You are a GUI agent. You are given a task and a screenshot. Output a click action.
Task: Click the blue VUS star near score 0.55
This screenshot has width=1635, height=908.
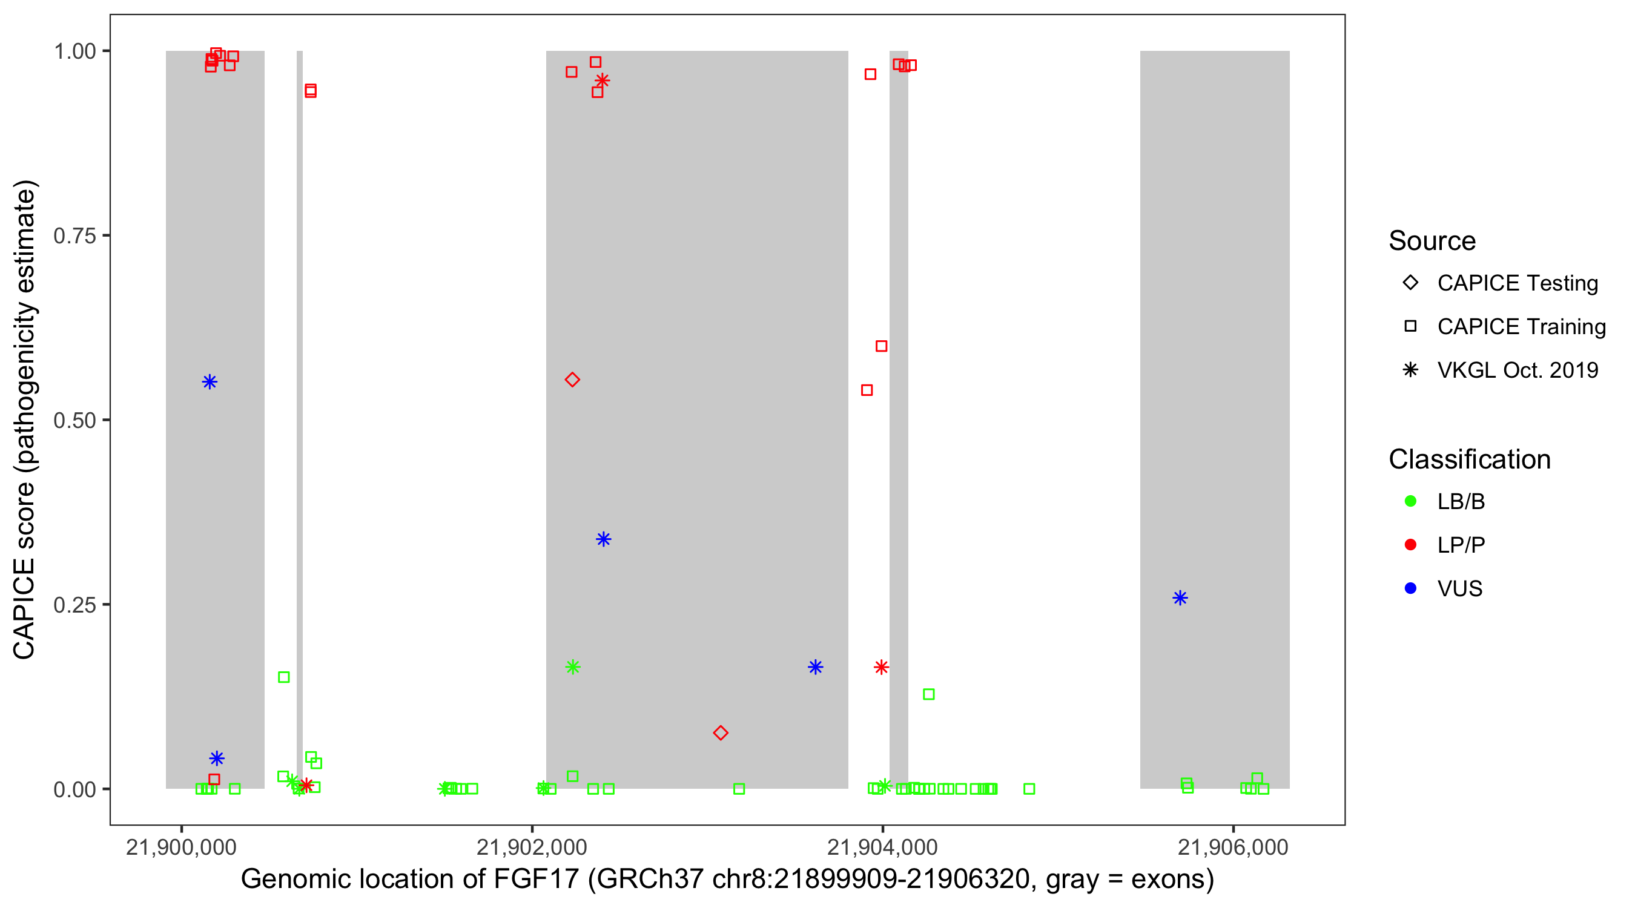(210, 381)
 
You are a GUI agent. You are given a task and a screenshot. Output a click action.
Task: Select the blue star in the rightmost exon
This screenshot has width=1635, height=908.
(1179, 597)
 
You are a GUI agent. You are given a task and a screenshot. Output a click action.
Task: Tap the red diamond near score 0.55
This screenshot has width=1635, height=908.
(572, 380)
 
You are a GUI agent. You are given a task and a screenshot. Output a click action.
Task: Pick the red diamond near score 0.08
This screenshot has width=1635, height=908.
(720, 733)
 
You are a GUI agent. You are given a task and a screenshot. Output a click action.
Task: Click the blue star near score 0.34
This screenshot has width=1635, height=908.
(603, 539)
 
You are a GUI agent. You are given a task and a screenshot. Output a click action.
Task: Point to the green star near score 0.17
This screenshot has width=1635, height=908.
(572, 667)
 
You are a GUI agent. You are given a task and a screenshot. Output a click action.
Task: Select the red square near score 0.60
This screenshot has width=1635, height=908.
(881, 346)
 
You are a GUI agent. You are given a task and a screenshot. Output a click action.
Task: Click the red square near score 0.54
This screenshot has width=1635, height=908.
(867, 390)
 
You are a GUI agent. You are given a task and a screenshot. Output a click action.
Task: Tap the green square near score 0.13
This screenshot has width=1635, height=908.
(928, 694)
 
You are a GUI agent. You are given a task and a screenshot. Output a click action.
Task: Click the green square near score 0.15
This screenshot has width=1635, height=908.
(284, 677)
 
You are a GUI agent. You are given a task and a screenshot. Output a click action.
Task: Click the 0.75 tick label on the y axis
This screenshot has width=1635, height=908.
(74, 236)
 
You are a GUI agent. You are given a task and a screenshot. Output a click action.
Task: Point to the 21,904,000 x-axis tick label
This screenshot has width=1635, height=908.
(882, 847)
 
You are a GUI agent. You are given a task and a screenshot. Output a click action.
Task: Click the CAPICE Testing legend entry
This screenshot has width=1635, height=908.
(1517, 283)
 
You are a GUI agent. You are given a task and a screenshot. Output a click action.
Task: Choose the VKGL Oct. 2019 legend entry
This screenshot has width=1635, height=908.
(1517, 370)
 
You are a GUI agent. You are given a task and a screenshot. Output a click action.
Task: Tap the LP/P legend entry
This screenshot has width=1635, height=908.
(1461, 545)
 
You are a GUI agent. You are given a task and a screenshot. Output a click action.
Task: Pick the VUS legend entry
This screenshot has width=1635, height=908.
(1459, 589)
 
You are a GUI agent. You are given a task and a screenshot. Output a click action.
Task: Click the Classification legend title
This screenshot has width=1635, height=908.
(1468, 459)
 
